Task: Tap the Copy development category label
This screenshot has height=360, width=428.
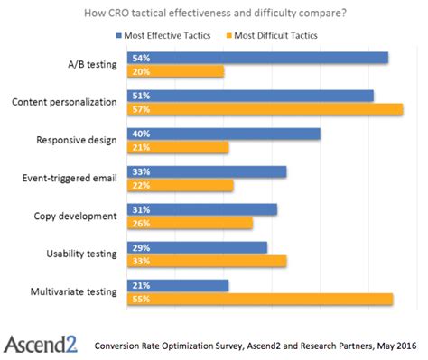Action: (76, 216)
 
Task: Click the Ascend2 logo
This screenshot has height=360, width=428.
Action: (41, 343)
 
